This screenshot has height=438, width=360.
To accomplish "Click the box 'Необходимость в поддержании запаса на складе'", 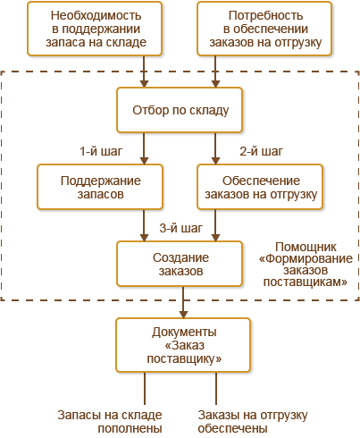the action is click(95, 29).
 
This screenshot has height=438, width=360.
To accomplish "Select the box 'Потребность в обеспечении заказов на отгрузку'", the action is click(264, 29).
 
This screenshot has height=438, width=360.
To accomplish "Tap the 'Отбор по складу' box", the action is click(180, 110).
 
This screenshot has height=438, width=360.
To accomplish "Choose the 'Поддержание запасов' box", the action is click(100, 187).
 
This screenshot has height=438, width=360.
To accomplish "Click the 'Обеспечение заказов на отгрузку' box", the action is click(260, 187).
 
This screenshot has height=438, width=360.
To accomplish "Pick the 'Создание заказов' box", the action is click(180, 264).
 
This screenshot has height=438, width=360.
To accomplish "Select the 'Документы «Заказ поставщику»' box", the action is click(183, 345).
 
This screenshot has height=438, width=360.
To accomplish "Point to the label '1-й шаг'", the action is click(101, 151).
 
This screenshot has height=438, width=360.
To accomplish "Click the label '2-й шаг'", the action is click(261, 151).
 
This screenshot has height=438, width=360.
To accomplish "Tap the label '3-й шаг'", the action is click(180, 228).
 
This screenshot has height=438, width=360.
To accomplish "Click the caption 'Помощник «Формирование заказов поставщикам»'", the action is click(306, 264).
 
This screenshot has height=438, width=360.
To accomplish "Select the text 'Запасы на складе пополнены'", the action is click(110, 422).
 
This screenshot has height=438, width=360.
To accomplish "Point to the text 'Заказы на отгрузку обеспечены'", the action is click(253, 422).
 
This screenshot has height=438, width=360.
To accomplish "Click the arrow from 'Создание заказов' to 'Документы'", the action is click(183, 302).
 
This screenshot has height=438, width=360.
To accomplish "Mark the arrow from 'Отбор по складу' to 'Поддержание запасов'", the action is click(144, 148).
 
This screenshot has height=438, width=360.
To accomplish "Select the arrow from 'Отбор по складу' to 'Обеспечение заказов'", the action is click(215, 148).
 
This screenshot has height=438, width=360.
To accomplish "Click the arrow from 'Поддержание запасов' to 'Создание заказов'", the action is click(144, 225).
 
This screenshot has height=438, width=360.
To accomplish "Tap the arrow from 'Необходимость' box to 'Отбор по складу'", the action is click(144, 72).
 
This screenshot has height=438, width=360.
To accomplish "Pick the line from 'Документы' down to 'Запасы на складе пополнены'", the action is click(145, 389).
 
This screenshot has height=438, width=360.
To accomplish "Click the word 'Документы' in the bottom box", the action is click(184, 332).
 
